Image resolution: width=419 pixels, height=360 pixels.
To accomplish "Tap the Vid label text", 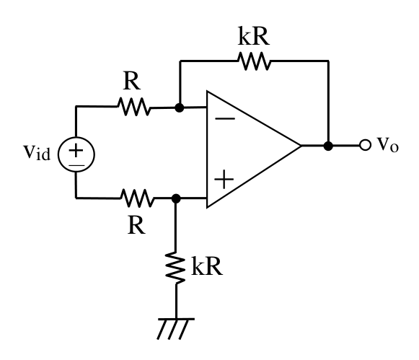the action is (x=37, y=153).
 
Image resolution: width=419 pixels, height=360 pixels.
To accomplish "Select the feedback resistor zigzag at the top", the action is (x=254, y=61).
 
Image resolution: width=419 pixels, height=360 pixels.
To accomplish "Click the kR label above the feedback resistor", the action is (x=253, y=36).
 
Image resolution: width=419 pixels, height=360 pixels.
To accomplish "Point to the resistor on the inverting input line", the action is (x=134, y=107).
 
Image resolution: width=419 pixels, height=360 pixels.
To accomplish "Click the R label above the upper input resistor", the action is (x=132, y=81).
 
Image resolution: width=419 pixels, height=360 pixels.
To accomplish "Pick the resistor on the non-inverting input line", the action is (x=137, y=198).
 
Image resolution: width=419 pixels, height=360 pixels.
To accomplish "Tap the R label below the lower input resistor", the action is (x=136, y=225).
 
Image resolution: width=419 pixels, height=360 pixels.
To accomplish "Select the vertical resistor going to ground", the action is (x=175, y=268).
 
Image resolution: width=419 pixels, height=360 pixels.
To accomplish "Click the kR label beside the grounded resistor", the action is (x=207, y=266).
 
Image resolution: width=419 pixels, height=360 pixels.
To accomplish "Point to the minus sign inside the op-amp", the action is (x=225, y=118).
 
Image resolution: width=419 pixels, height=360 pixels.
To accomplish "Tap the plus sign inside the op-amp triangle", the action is (x=224, y=179).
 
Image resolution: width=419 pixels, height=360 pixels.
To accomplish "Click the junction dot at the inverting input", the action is (x=180, y=107).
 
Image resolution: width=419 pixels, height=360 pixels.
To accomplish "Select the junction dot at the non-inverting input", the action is (x=176, y=198).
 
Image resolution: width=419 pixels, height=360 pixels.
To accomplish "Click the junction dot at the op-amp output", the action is (x=328, y=146).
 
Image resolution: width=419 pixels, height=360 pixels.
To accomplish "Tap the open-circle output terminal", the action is (x=365, y=145).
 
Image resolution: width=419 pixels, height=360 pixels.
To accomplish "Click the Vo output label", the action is (x=388, y=144).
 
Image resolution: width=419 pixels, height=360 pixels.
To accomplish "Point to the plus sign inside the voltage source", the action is (x=76, y=150).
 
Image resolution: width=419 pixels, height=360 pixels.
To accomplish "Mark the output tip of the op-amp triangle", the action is (x=301, y=146).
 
